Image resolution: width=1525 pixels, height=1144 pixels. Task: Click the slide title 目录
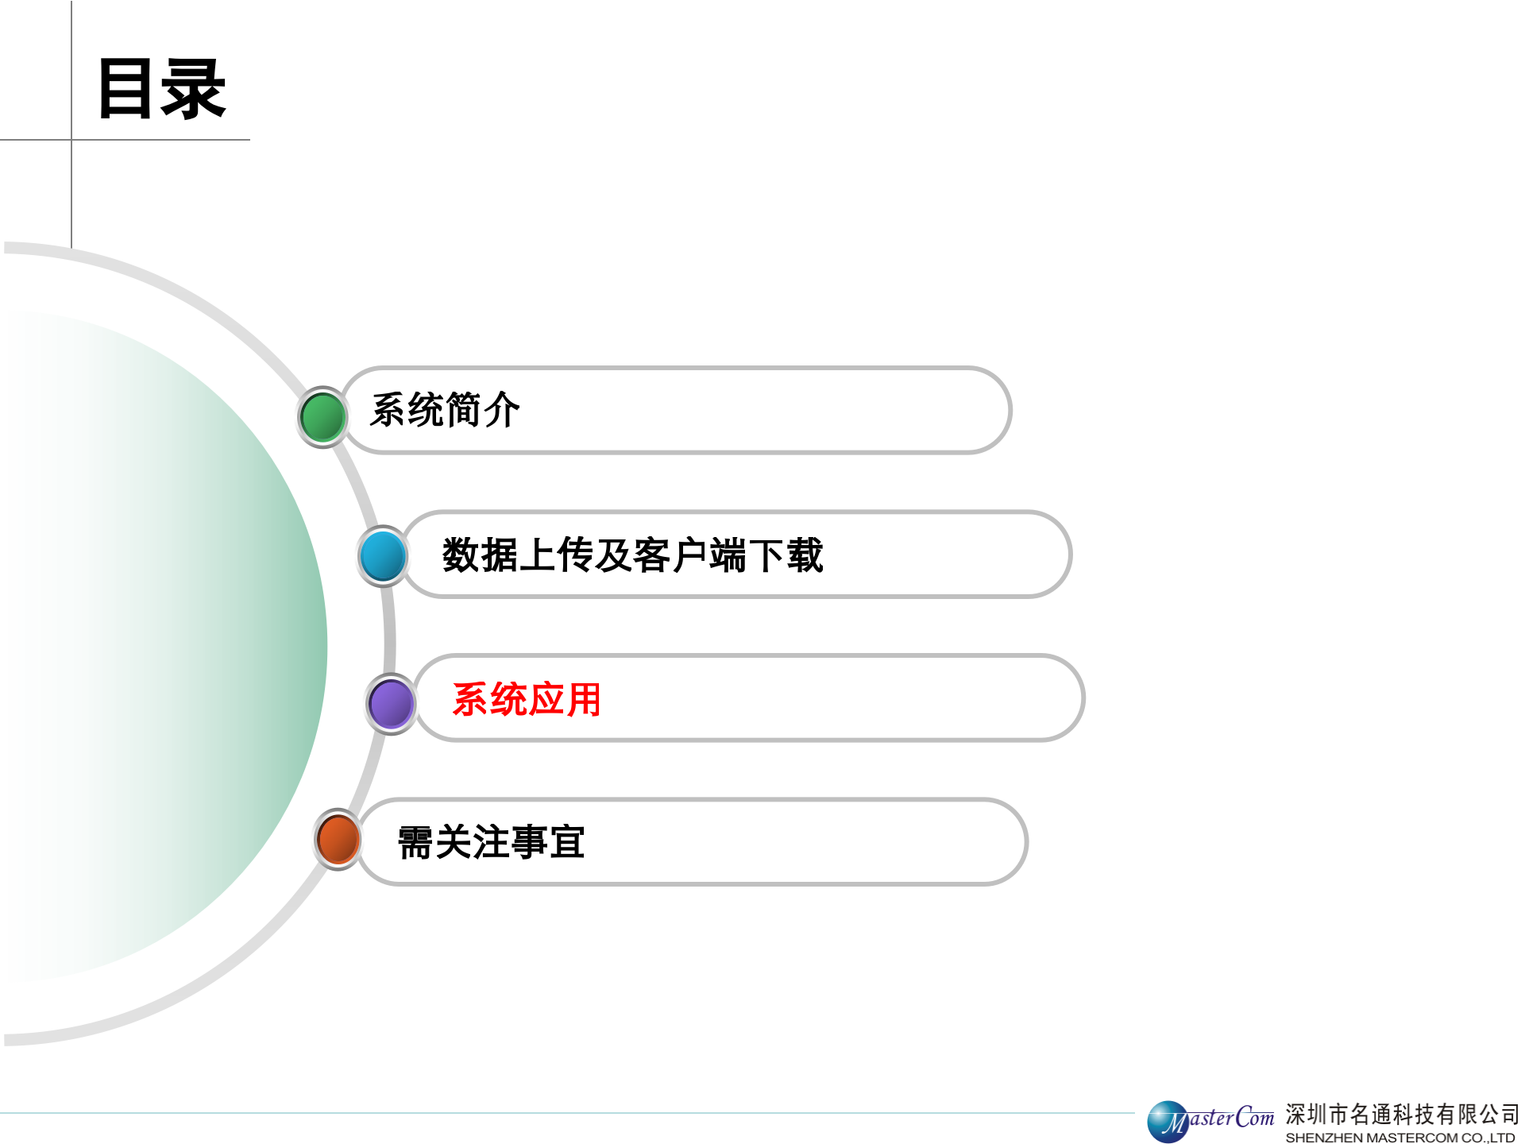(161, 89)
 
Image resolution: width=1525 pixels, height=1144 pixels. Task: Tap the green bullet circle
(322, 417)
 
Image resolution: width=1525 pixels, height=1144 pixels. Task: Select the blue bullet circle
(383, 555)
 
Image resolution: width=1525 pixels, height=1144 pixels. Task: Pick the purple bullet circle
(391, 704)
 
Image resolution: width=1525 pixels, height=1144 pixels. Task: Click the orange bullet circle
(338, 840)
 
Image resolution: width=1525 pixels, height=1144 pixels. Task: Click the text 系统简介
(445, 411)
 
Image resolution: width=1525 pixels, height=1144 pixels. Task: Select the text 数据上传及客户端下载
(632, 555)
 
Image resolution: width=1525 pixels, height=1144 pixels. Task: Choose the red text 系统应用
(526, 700)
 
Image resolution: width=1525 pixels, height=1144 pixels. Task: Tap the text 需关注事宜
(491, 842)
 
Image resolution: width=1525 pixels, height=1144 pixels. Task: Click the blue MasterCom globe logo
(1168, 1122)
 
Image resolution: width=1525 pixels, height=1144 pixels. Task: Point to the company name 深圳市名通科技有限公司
(1402, 1114)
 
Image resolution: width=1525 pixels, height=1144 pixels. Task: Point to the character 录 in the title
(195, 89)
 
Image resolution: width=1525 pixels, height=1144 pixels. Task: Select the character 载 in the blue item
(805, 555)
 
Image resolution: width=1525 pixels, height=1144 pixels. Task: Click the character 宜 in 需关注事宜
(567, 842)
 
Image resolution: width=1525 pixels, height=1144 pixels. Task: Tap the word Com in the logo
(1255, 1118)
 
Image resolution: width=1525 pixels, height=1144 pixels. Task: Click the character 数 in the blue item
(461, 555)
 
